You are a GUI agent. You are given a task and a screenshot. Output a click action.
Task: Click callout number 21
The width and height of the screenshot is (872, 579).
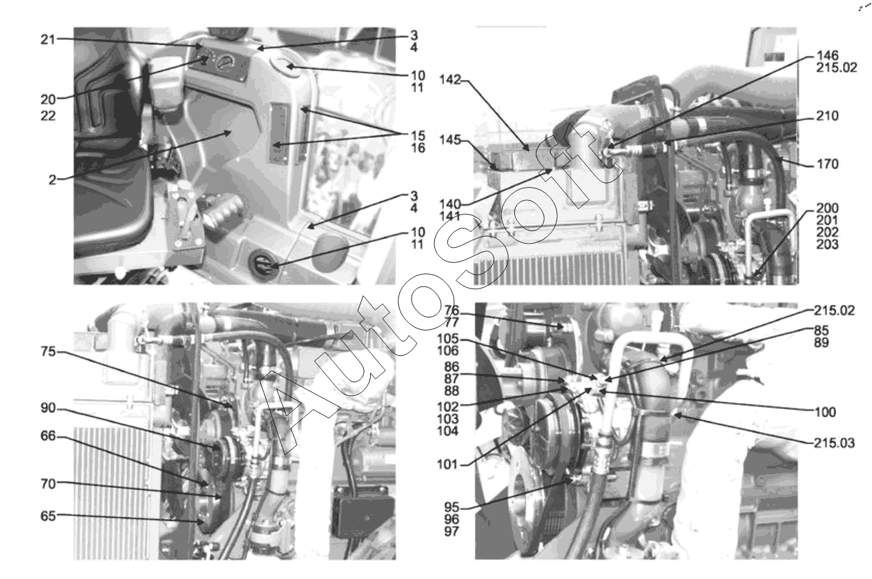(x=48, y=40)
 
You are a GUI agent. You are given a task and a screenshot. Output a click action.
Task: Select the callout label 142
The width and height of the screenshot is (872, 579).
(x=450, y=80)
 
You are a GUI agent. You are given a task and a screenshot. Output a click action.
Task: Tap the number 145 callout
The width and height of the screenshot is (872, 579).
(x=450, y=140)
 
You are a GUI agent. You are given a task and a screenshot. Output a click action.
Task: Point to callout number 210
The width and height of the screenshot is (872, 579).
(x=827, y=116)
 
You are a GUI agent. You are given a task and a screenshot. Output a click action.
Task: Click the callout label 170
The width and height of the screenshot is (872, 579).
(x=828, y=164)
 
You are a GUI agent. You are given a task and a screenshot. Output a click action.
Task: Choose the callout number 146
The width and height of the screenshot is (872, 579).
(x=827, y=56)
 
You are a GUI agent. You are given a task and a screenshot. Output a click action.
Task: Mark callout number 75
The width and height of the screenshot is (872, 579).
(x=48, y=352)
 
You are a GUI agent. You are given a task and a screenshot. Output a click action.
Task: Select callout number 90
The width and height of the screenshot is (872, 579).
(x=48, y=408)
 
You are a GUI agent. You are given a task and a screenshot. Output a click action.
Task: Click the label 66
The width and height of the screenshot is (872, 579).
(x=48, y=436)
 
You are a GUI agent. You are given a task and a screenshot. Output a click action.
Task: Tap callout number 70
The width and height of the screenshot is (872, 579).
(x=48, y=484)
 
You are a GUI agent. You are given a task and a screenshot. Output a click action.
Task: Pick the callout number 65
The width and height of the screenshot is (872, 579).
(x=48, y=516)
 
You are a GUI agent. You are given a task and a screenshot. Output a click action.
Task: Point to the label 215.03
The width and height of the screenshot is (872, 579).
(x=834, y=443)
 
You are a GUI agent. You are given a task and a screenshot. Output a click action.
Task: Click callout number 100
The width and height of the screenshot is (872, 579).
(x=825, y=412)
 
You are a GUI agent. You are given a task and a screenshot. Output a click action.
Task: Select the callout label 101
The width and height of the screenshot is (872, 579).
(x=447, y=464)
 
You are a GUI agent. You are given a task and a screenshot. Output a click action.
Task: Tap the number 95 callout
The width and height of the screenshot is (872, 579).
(x=452, y=507)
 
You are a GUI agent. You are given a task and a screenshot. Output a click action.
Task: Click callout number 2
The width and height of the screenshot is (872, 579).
(x=52, y=179)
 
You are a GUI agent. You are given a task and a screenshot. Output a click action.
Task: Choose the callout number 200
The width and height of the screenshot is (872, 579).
(x=827, y=208)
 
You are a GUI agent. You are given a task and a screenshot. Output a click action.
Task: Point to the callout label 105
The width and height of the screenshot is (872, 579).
(x=447, y=339)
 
